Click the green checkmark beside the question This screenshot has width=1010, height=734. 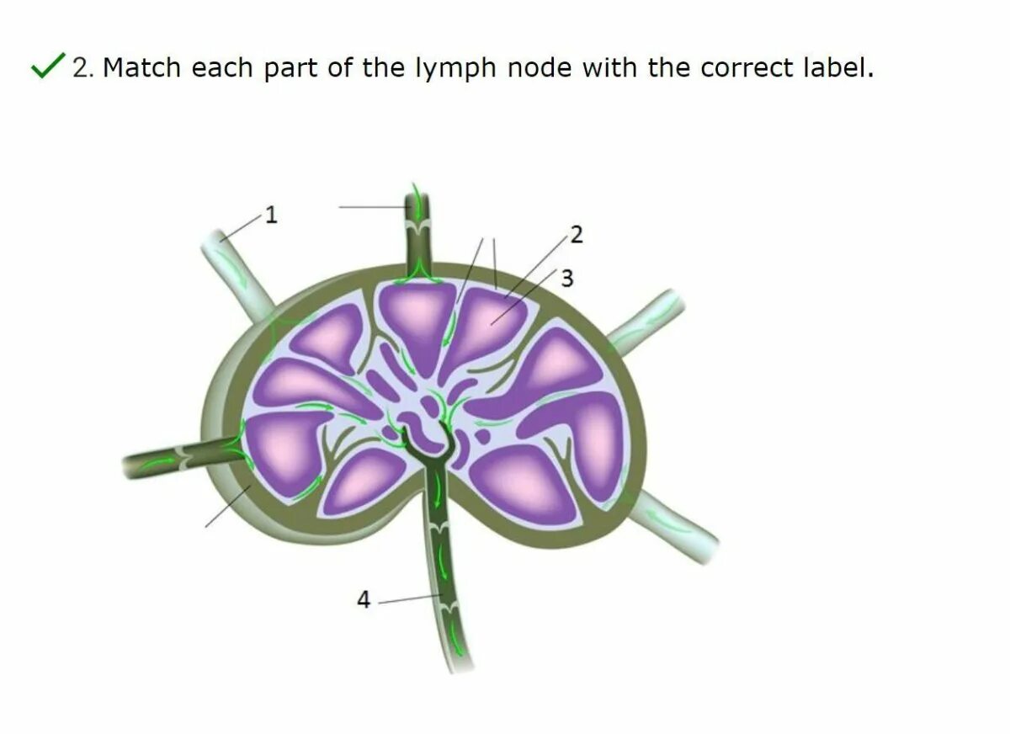pyautogui.click(x=48, y=66)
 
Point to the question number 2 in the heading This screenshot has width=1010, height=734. pyautogui.click(x=81, y=67)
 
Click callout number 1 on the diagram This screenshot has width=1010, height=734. pyautogui.click(x=271, y=215)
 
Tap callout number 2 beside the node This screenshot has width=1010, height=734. pyautogui.click(x=577, y=235)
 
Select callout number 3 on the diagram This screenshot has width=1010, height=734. pyautogui.click(x=567, y=279)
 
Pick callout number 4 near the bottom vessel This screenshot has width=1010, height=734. pyautogui.click(x=364, y=599)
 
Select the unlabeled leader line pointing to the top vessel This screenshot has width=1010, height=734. pyautogui.click(x=370, y=207)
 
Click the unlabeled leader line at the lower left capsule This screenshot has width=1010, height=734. pyautogui.click(x=227, y=507)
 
